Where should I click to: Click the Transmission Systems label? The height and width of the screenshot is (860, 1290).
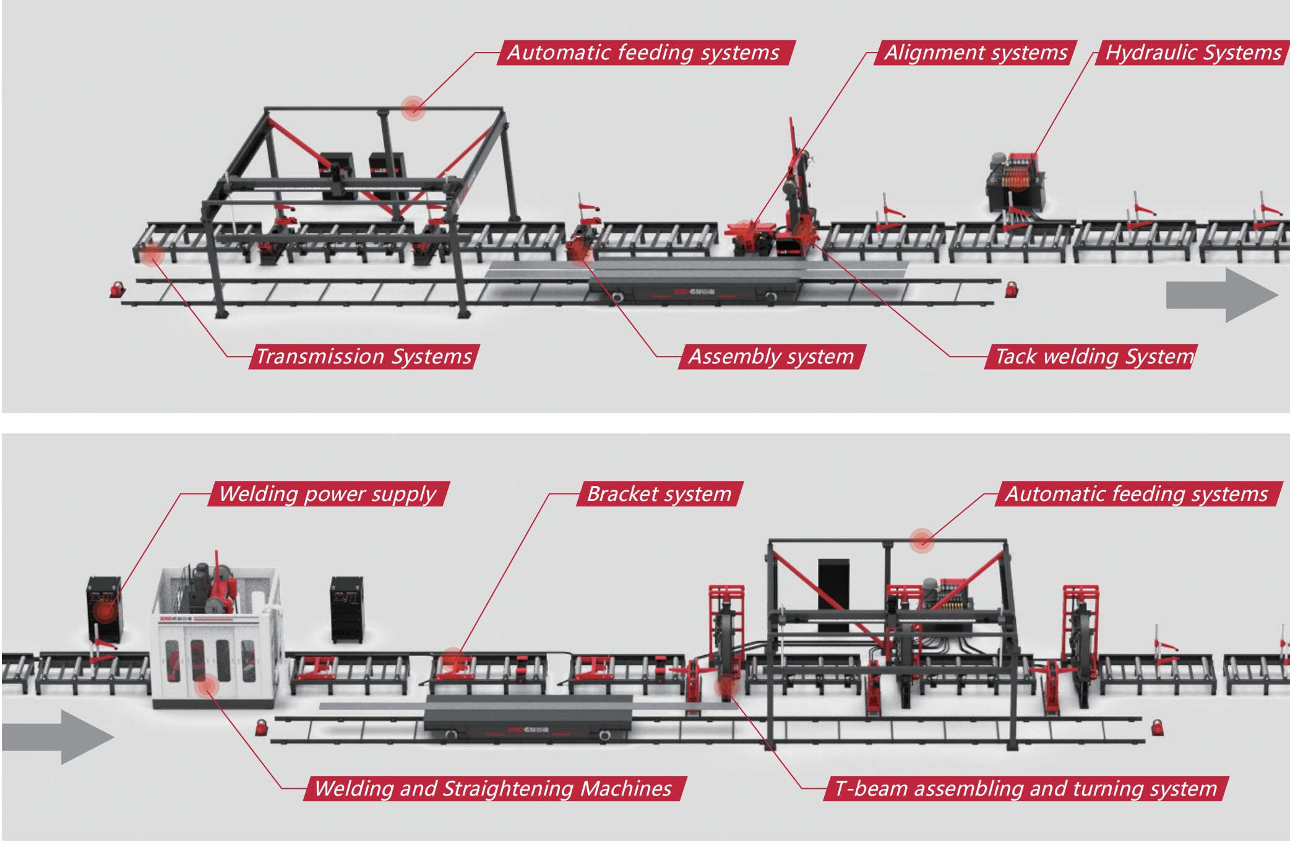364,357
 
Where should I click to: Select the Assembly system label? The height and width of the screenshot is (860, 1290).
771,357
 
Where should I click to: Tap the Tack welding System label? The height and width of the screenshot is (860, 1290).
1093,357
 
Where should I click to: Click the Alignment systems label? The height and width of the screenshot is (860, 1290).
976,53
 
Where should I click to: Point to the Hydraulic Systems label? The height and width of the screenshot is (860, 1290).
1193,53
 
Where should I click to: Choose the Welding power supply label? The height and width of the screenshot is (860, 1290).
328,494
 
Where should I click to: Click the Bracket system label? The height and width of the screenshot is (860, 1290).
659,494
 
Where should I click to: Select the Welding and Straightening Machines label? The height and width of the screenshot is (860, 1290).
493,788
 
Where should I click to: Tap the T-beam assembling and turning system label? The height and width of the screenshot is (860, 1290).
1025,788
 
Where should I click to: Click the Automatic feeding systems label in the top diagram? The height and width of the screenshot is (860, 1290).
643,53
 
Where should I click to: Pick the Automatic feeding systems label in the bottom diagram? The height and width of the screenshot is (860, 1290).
1137,494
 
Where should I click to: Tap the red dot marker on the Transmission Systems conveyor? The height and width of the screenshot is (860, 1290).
150,254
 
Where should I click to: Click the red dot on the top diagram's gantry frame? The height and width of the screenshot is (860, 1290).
413,108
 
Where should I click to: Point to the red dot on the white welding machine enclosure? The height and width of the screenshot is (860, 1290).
206,686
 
